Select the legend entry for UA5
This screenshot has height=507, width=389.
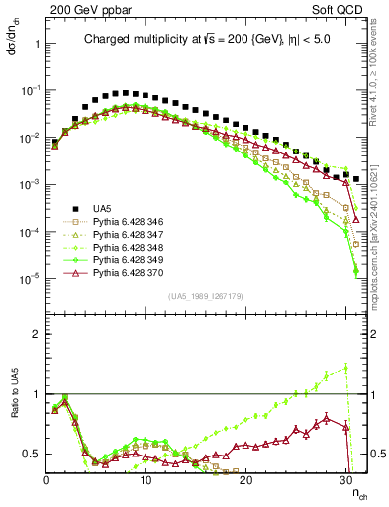[x=102, y=208]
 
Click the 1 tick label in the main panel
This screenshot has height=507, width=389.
[x=37, y=44]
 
